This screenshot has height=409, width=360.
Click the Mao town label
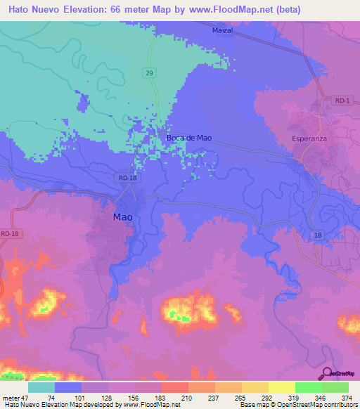[122, 217]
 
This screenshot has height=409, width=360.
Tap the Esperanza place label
[309, 138]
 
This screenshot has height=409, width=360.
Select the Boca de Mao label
[189, 138]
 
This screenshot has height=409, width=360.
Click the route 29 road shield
[150, 72]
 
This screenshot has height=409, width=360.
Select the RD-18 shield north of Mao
[128, 178]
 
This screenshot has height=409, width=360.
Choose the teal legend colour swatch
[41, 387]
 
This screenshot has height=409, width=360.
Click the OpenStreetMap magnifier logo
[327, 374]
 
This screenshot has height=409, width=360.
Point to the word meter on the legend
[12, 397]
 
